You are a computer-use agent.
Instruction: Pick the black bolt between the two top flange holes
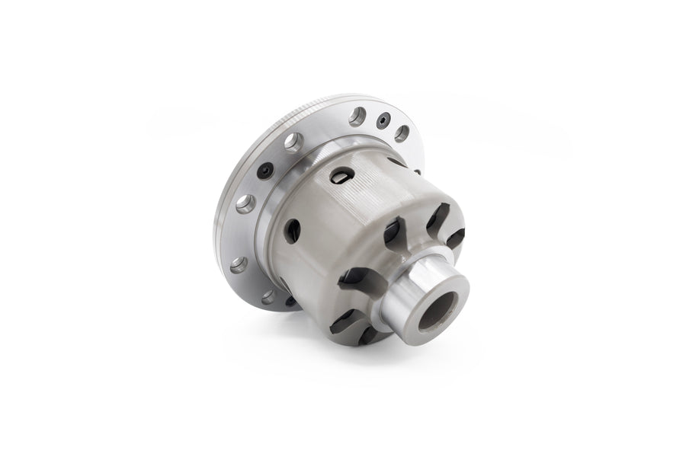[384, 120]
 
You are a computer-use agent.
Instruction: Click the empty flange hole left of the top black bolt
[357, 117]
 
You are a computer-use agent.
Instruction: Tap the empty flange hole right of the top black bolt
[402, 133]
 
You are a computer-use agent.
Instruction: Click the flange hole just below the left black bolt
[245, 203]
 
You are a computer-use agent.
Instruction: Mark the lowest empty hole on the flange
[269, 297]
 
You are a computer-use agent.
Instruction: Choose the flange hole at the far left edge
[239, 264]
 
